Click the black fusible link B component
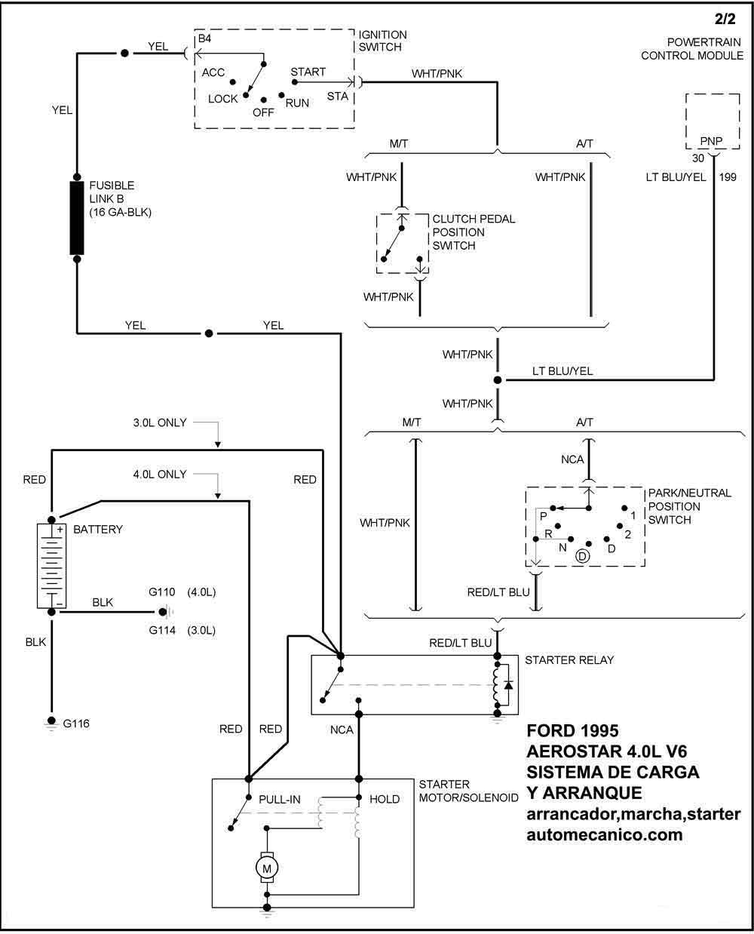pos(77,218)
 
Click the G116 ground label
pos(76,724)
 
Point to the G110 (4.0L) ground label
pos(182,592)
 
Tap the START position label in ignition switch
pos(308,72)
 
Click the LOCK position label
pos(222,99)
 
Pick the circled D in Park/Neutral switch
pos(582,556)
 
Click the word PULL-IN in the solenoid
pos(281,799)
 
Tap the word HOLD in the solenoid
pos(385,799)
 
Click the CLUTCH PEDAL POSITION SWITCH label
pos(474,232)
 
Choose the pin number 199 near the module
pos(728,177)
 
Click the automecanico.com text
pos(604,835)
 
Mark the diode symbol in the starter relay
pos(508,685)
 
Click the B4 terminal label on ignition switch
pos(204,39)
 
